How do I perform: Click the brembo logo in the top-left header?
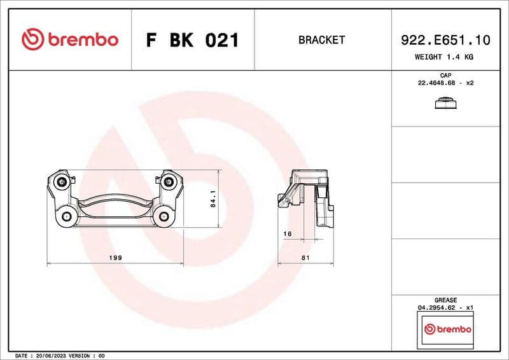click(x=70, y=39)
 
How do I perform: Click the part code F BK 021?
click(x=192, y=40)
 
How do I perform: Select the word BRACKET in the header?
click(x=321, y=40)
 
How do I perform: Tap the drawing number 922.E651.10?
click(x=445, y=40)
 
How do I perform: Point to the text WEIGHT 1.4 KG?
click(x=445, y=57)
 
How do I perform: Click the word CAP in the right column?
click(x=445, y=76)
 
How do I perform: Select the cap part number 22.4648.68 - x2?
click(x=445, y=83)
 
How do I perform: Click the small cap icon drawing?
click(x=445, y=104)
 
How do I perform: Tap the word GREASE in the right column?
click(x=445, y=300)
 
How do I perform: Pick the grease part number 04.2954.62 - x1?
click(x=445, y=307)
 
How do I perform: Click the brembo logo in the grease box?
click(x=447, y=329)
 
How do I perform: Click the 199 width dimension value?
click(x=116, y=258)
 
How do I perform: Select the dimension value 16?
click(x=287, y=234)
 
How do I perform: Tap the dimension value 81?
click(x=305, y=258)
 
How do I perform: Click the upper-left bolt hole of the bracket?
click(x=62, y=183)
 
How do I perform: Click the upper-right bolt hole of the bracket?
click(x=169, y=183)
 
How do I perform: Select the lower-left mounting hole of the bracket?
click(x=67, y=217)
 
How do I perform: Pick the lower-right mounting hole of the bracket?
click(x=164, y=217)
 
